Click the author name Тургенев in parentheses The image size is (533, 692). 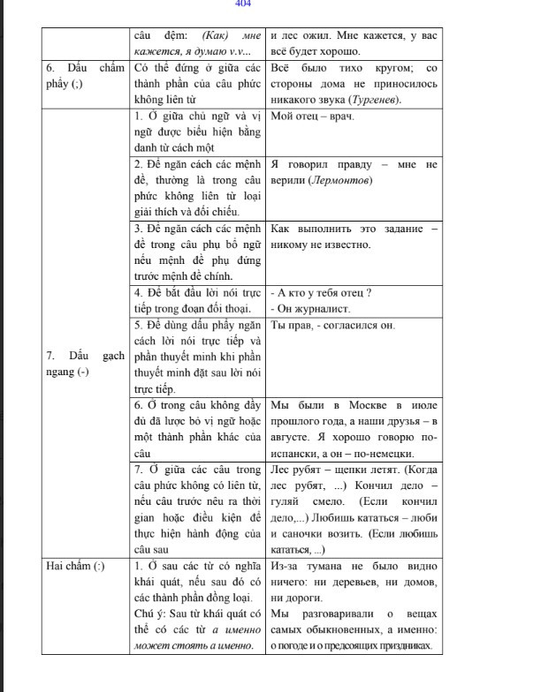click(x=374, y=100)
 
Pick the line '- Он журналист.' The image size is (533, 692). click(x=309, y=309)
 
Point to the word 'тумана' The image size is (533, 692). click(x=315, y=565)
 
